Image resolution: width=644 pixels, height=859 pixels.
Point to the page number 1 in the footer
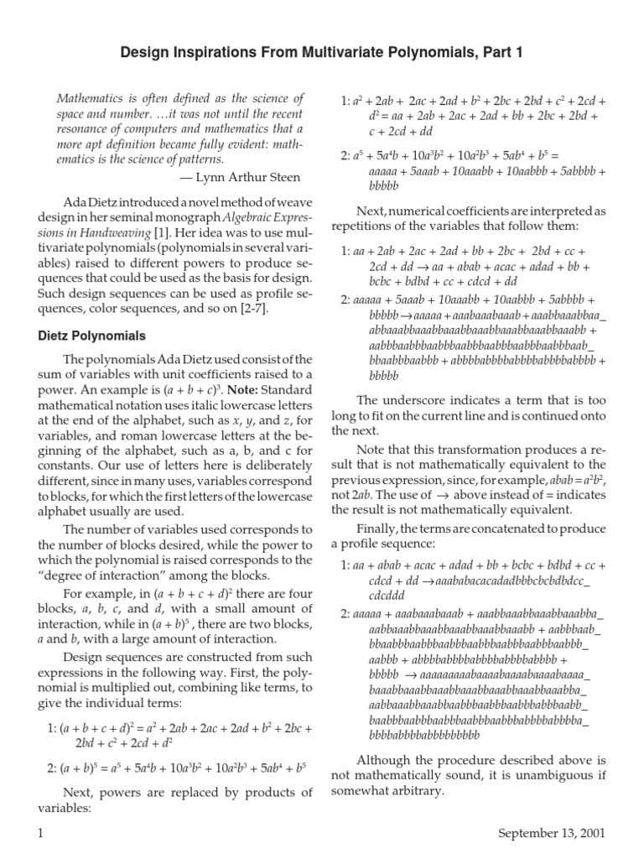click(40, 833)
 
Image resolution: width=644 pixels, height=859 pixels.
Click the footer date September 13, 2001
click(550, 833)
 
